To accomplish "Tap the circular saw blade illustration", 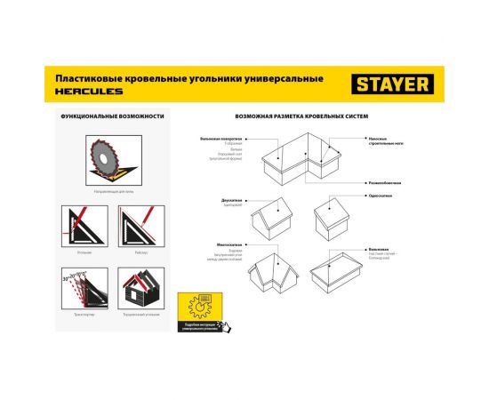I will click(105, 161).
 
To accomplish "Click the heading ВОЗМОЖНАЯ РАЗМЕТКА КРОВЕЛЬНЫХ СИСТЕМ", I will click(301, 117).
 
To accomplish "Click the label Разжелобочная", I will click(382, 182).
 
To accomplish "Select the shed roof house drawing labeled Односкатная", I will click(337, 214).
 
